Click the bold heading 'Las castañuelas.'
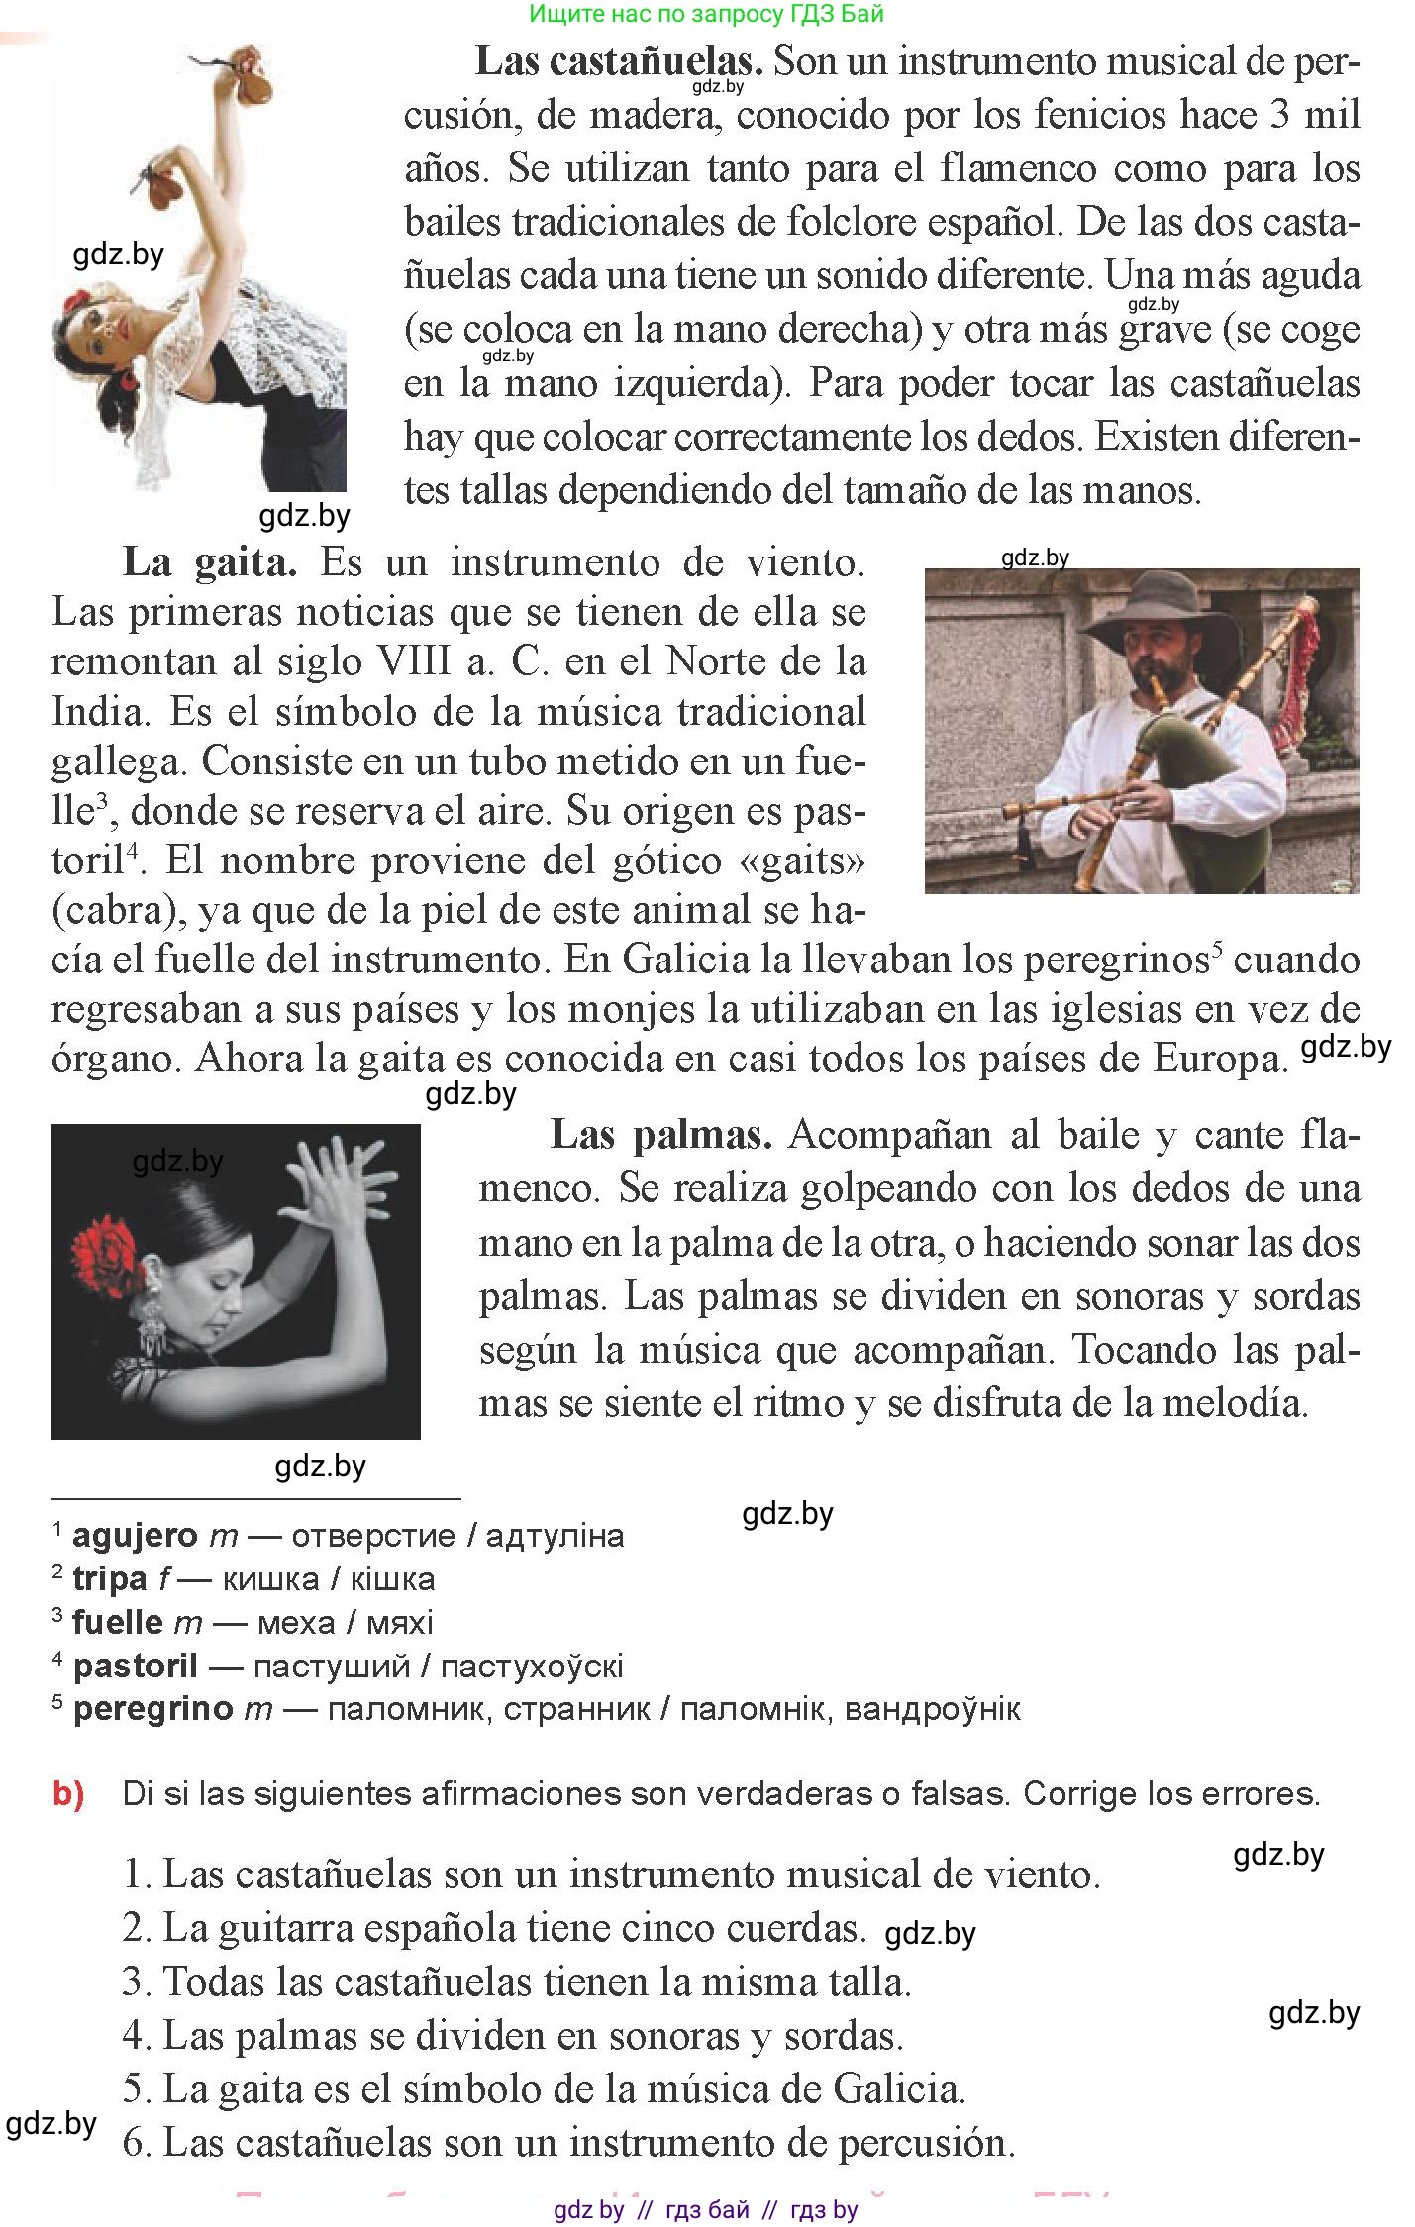coord(619,61)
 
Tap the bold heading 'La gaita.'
coord(210,562)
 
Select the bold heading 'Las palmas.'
coord(660,1134)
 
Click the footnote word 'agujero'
coord(135,1536)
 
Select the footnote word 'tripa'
coord(109,1578)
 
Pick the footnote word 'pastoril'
coord(135,1666)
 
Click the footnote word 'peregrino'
coord(152,1708)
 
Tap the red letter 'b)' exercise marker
coord(68,1793)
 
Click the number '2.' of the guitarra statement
coord(136,1928)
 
